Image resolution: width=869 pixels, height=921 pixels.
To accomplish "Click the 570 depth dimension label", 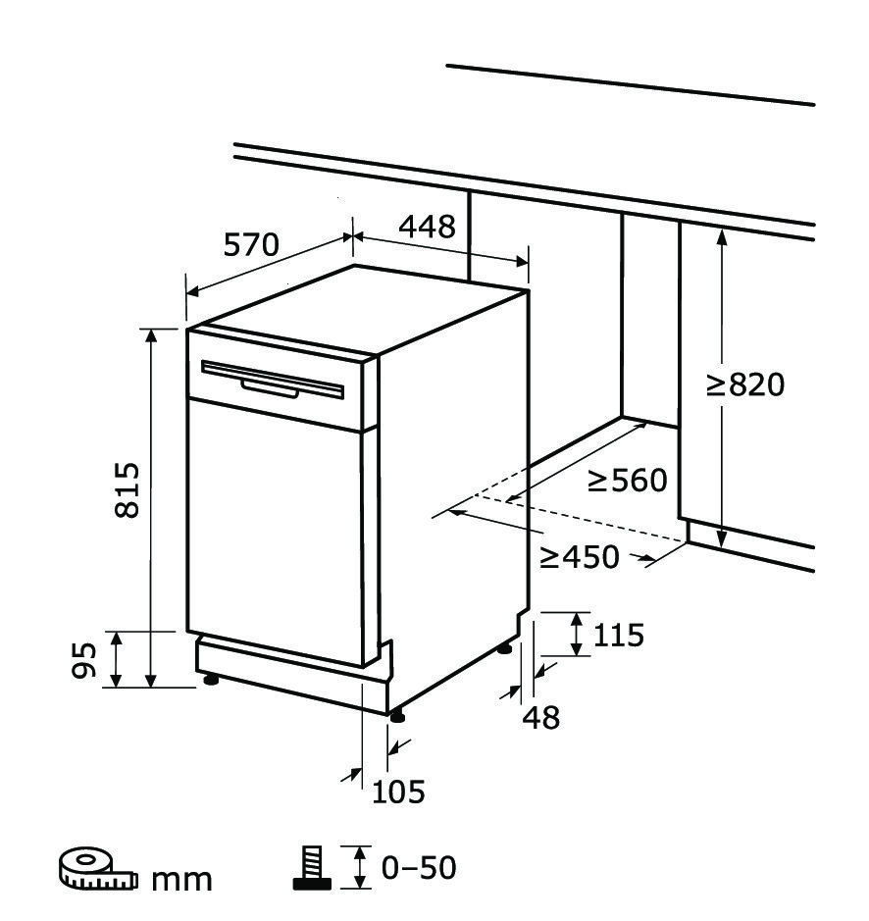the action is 251,245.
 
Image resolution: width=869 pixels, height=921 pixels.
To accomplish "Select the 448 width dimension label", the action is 428,227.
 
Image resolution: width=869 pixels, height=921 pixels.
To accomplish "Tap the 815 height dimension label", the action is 127,489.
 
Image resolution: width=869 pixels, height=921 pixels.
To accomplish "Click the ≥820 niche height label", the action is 745,385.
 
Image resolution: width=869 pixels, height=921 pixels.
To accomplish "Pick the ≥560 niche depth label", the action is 628,481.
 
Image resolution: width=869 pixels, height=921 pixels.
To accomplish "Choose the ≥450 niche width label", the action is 580,557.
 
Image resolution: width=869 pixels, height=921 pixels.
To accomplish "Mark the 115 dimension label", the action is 619,636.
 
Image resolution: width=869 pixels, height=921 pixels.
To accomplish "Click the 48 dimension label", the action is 541,718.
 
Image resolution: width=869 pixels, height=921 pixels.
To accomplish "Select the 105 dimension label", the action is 398,792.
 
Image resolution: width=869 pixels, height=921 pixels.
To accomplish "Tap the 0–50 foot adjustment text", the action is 419,868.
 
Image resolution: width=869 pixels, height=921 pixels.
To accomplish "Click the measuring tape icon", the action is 98,869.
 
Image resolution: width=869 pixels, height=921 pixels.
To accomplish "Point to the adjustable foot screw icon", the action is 312,868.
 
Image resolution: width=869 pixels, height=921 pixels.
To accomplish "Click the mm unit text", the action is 182,879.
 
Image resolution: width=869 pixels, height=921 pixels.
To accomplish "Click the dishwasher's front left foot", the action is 211,680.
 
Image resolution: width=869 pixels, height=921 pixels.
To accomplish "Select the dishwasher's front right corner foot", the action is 397,716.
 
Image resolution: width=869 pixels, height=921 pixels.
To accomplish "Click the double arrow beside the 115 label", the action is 577,634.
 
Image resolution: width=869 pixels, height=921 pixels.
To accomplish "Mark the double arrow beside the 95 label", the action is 117,660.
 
